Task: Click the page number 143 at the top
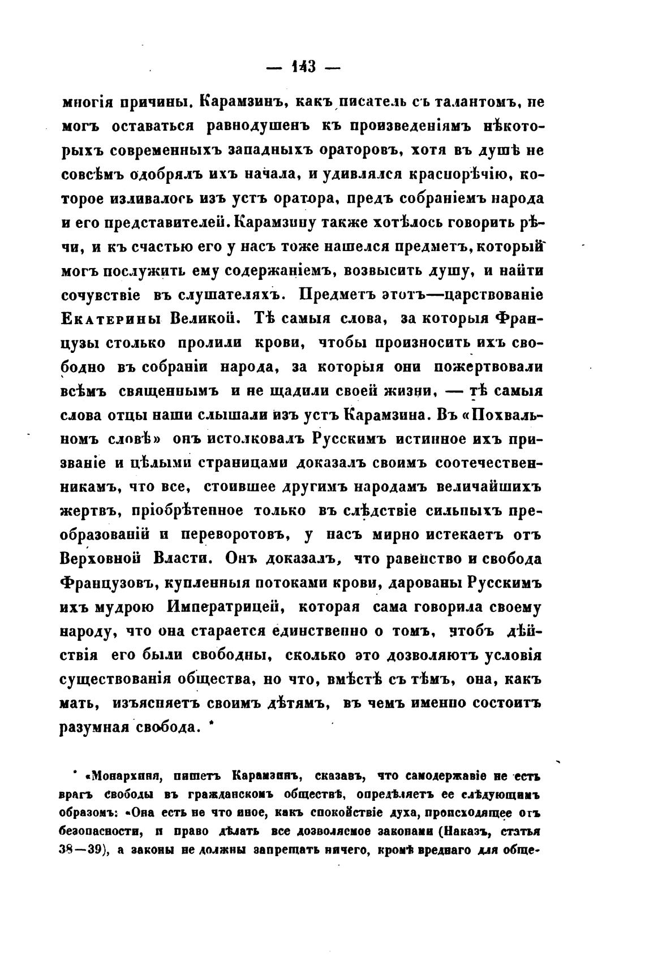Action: [302, 67]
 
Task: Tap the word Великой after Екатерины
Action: [193, 319]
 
